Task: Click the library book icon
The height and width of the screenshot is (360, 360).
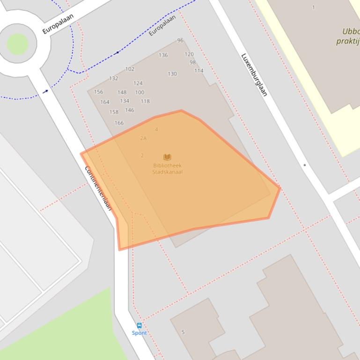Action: [x=167, y=157]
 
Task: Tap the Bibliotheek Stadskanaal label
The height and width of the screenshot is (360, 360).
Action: [x=167, y=168]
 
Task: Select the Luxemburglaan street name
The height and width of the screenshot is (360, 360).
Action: [x=254, y=75]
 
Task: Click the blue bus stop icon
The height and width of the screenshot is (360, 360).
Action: [x=139, y=325]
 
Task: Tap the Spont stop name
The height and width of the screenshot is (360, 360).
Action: [x=139, y=333]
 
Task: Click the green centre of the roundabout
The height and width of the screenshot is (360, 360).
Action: [x=17, y=43]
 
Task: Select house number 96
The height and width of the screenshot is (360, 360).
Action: [x=180, y=41]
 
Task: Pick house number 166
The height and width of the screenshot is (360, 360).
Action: [x=119, y=123]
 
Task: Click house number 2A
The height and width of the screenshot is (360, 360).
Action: [x=143, y=138]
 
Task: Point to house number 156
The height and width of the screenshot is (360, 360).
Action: [x=98, y=92]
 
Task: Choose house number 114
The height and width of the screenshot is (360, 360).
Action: [x=198, y=71]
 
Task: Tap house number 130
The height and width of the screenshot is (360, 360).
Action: [x=172, y=74]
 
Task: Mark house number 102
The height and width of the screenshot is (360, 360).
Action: [x=130, y=69]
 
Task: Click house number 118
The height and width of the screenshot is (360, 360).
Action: [x=145, y=101]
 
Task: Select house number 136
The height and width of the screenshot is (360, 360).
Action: [x=163, y=55]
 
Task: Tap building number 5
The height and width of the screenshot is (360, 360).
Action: [x=183, y=332]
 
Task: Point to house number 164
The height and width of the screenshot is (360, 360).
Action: [x=105, y=102]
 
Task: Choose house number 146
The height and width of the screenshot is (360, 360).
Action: [x=129, y=110]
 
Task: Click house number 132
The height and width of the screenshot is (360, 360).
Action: [x=113, y=79]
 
